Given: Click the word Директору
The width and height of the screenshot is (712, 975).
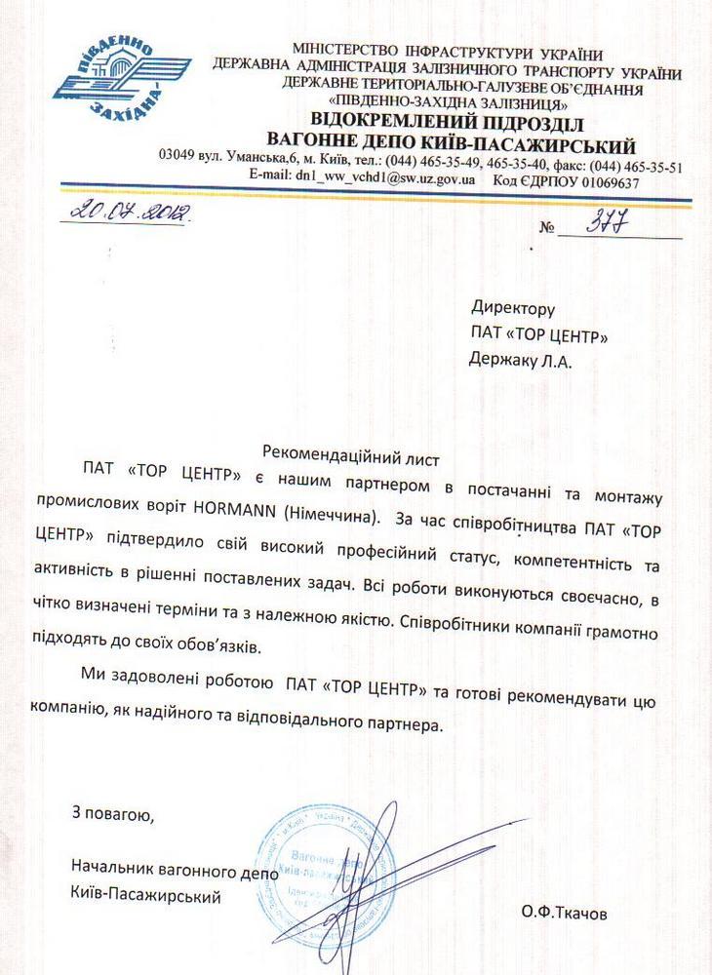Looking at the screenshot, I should coord(512,309).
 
